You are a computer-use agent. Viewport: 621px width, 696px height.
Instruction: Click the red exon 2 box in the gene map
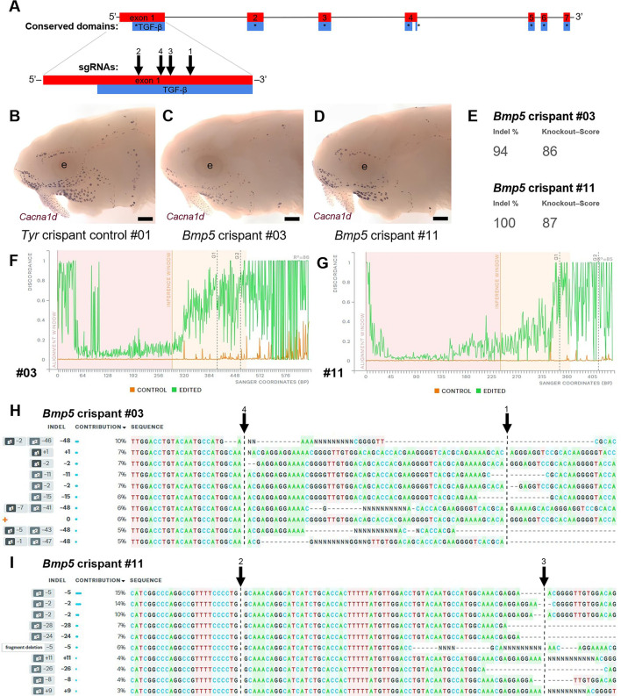pyautogui.click(x=254, y=17)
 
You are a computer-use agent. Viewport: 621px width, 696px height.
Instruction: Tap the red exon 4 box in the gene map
pyautogui.click(x=410, y=17)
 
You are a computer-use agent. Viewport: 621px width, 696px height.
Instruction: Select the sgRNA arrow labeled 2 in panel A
pyautogui.click(x=139, y=61)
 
